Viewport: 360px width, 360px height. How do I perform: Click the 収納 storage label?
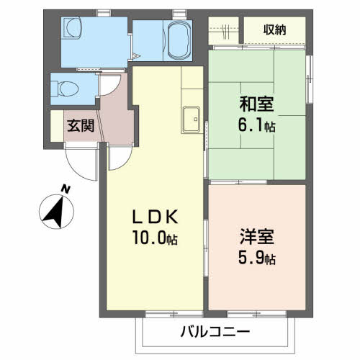pos(274,30)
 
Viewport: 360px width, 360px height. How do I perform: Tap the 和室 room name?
pos(256,104)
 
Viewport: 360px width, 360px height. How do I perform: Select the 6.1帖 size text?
pos(256,125)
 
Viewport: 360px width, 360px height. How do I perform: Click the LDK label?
pos(156,216)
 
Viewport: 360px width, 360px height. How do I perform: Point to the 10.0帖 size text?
pos(156,238)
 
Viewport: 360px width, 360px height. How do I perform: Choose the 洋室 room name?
pos(257,236)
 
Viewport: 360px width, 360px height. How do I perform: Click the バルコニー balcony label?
pos(215,332)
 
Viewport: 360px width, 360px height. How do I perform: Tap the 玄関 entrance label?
pos(81,125)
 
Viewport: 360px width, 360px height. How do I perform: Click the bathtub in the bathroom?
pos(178,41)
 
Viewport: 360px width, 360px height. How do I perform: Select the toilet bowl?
pos(69,89)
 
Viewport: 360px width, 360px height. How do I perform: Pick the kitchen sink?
pos(191,120)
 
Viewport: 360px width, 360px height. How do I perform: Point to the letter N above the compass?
pos(66,189)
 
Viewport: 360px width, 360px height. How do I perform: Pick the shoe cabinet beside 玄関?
pos(57,126)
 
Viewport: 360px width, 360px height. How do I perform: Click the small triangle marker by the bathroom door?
pos(135,57)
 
